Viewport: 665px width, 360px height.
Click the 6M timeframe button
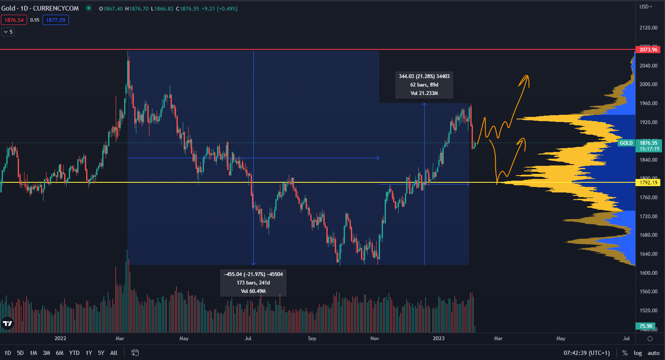(60, 353)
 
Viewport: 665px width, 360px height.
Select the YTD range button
(74, 353)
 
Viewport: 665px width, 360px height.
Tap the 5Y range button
(101, 353)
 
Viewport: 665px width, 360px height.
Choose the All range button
(114, 353)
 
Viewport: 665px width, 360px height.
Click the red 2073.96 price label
(648, 50)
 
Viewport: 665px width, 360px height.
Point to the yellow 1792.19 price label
(648, 183)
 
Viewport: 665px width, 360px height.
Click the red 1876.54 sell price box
(14, 20)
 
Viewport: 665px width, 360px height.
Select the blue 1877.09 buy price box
(56, 20)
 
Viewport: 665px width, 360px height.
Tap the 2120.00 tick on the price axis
(648, 28)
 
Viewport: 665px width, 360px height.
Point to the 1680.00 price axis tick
(648, 235)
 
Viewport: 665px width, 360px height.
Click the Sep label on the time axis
(312, 338)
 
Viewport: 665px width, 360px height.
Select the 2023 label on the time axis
(439, 338)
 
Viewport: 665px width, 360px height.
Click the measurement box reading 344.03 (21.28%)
(424, 85)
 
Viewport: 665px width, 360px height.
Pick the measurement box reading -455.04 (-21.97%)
(253, 283)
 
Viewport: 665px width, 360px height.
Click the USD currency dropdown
(646, 7)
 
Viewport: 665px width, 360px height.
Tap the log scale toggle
(638, 353)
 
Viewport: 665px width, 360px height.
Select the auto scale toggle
(653, 353)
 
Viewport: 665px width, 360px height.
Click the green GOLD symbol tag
(626, 143)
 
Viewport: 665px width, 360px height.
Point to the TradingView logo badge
(8, 324)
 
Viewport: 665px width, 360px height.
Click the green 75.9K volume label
(646, 326)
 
